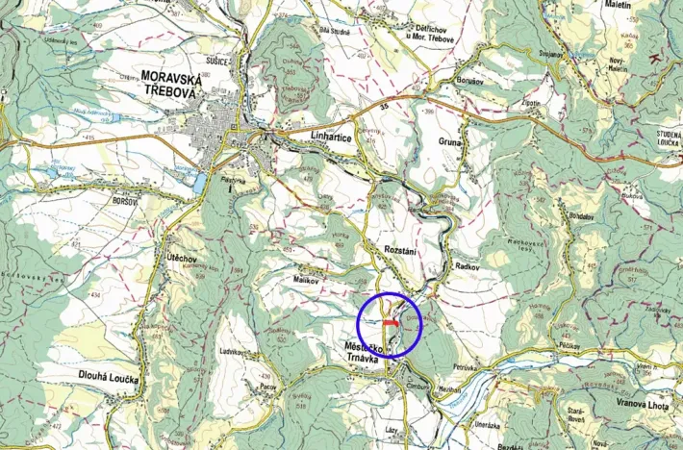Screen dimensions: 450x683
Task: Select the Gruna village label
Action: tap(451, 142)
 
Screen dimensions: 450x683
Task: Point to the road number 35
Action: tap(385, 103)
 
